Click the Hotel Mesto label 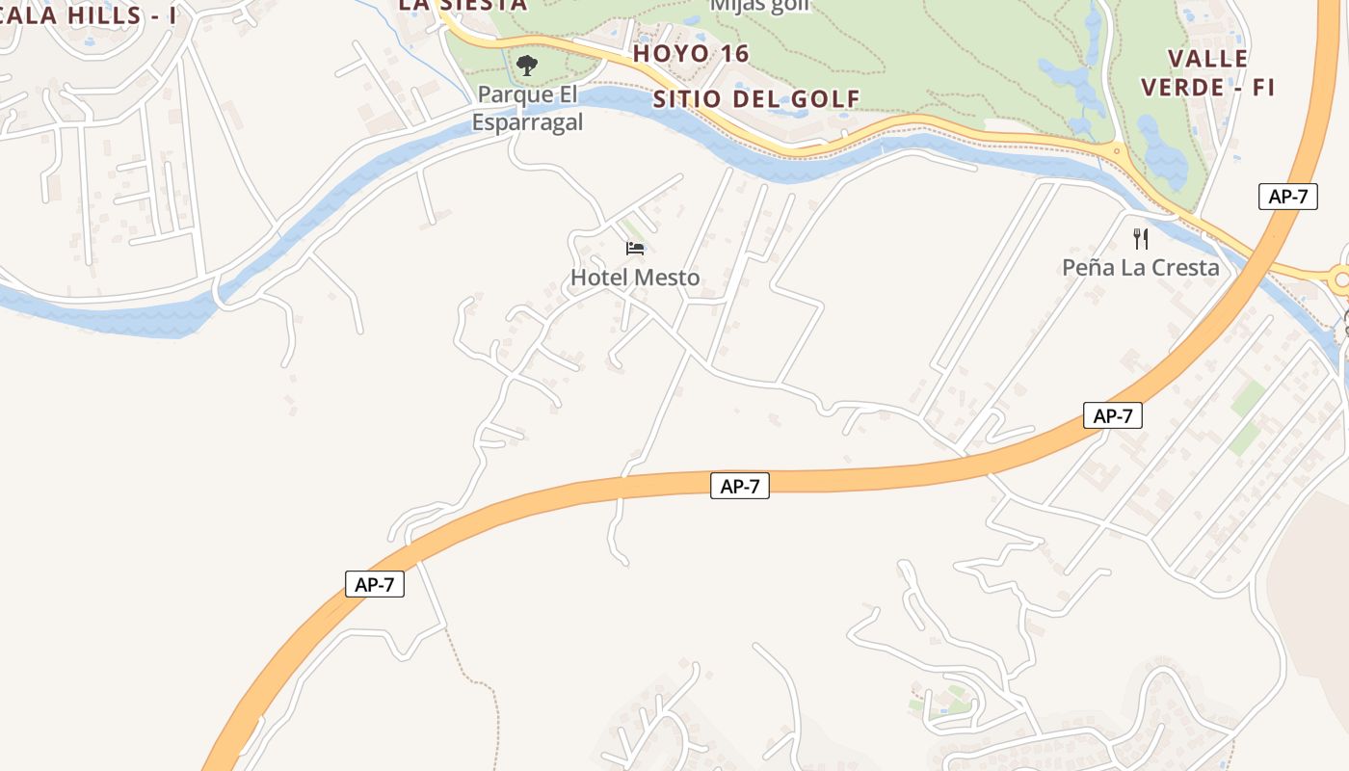click(635, 278)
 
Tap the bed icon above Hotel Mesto click(635, 249)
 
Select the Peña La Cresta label click(1140, 267)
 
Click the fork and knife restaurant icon click(1141, 238)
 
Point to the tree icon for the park click(526, 66)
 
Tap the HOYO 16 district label click(691, 54)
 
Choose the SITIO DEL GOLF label click(756, 98)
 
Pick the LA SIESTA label click(463, 4)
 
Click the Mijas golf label click(759, 5)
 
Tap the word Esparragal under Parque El click(527, 122)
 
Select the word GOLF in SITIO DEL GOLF click(826, 98)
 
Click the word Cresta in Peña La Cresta click(1184, 267)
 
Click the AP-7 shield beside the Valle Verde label click(1287, 197)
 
